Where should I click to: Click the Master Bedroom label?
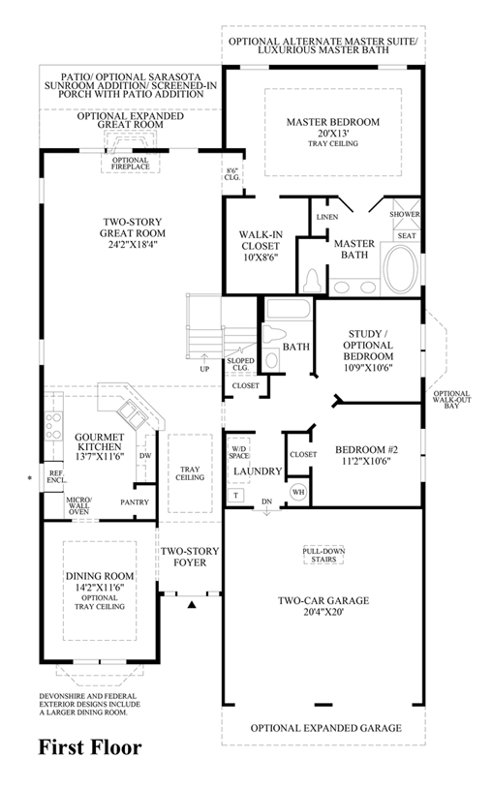click(333, 122)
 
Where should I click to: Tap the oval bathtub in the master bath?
click(401, 268)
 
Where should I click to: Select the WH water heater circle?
click(298, 492)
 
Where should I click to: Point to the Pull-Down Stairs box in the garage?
click(323, 555)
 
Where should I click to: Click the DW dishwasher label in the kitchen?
click(146, 456)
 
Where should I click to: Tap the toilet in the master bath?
click(312, 281)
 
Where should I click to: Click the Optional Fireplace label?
click(131, 164)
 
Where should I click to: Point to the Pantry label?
click(135, 501)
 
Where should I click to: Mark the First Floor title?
click(90, 747)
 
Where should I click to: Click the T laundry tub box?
click(235, 495)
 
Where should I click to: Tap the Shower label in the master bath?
click(405, 214)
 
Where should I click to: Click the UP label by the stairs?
click(204, 369)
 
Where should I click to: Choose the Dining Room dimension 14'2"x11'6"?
click(100, 588)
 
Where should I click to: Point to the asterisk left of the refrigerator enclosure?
click(30, 477)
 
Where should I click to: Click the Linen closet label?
click(327, 217)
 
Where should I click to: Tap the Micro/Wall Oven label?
click(78, 505)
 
